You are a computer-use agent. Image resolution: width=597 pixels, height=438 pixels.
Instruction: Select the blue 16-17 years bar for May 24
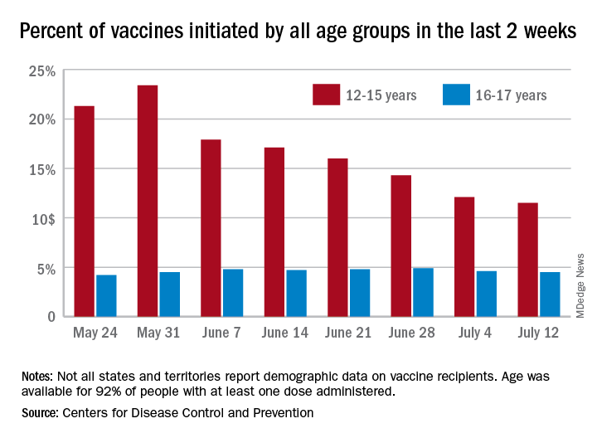point(106,295)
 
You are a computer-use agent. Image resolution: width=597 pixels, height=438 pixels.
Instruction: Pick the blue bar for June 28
point(422,292)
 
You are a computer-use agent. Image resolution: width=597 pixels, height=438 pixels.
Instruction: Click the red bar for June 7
point(211,227)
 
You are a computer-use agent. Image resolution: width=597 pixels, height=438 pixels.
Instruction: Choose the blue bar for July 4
point(486,294)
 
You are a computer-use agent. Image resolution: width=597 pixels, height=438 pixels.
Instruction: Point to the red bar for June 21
point(337,237)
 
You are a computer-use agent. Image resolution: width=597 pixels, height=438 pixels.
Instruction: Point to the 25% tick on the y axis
point(39,71)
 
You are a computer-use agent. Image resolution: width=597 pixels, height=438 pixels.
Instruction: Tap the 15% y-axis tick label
point(39,170)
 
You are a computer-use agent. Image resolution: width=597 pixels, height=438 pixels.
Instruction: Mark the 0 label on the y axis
point(51,317)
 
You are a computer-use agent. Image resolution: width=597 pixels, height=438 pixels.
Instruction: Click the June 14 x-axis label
point(284,334)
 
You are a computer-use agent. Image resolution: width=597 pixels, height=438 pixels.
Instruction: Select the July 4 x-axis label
point(473,334)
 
